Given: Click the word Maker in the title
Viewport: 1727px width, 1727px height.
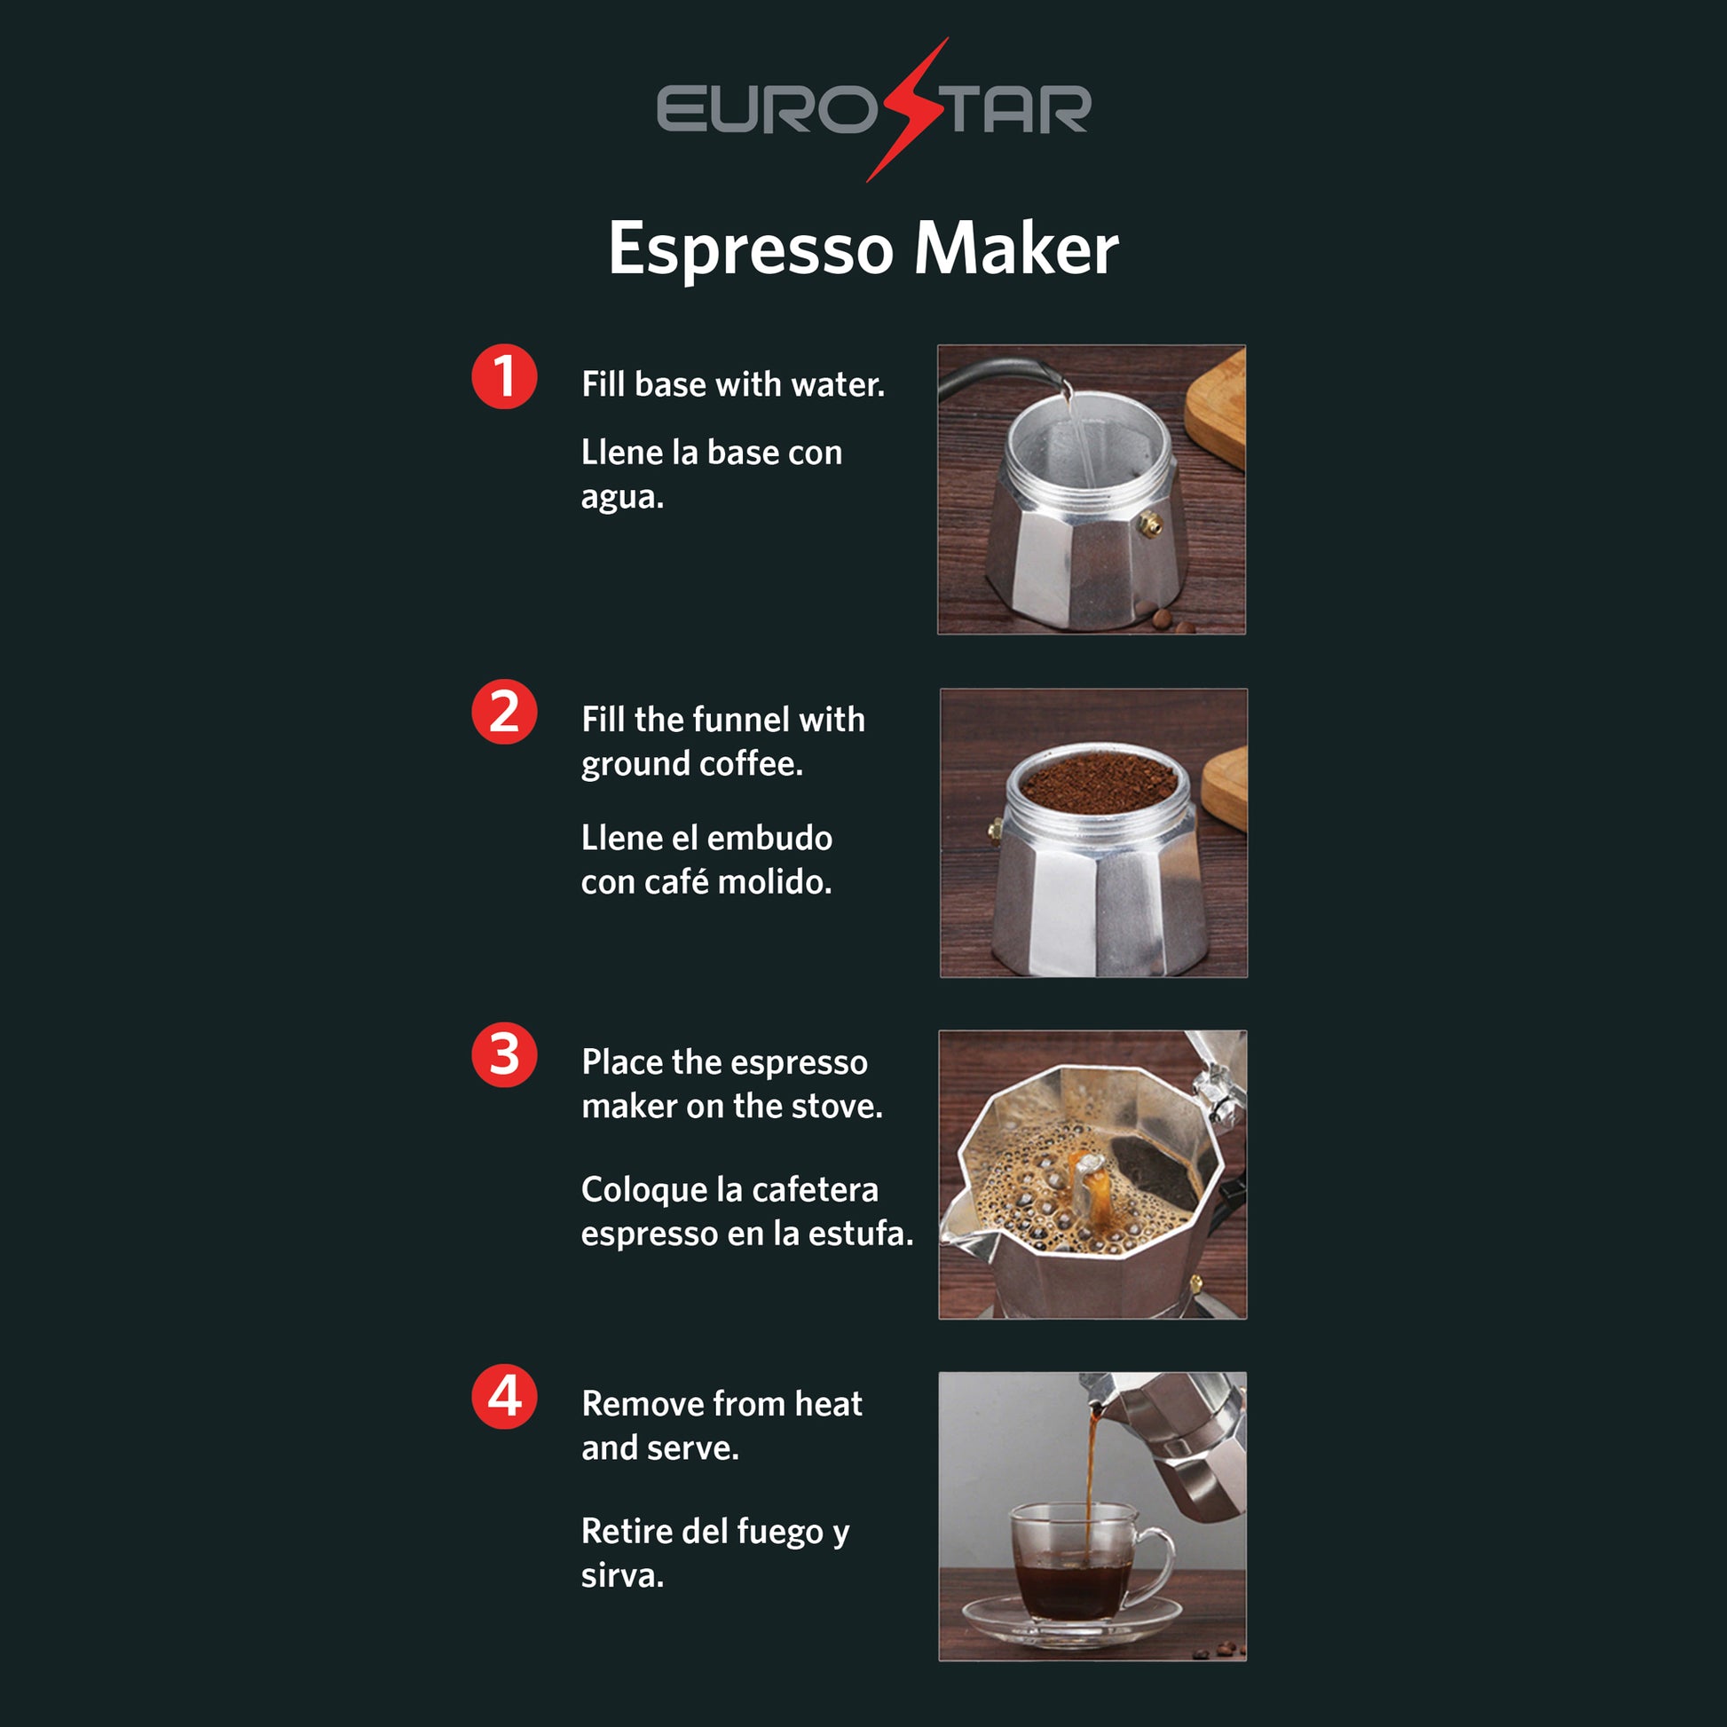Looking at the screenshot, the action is [x=1015, y=248].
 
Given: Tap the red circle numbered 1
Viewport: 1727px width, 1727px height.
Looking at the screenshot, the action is [x=504, y=376].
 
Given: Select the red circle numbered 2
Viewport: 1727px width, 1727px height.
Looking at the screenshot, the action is [x=504, y=712].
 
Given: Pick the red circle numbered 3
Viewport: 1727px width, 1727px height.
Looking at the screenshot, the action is [x=504, y=1055].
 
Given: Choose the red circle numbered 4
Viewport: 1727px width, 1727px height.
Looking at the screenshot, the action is [x=504, y=1396].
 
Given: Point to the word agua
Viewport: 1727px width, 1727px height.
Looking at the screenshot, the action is [x=622, y=498].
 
